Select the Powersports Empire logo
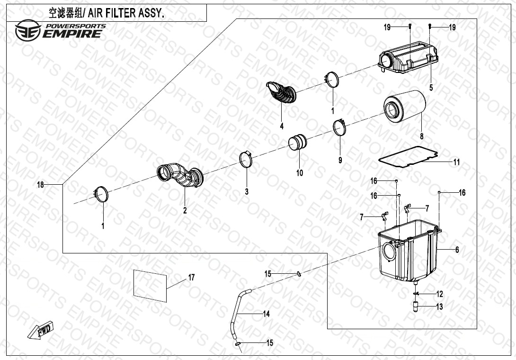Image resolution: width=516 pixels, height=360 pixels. tap(59, 30)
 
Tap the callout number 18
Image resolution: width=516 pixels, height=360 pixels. tap(41, 185)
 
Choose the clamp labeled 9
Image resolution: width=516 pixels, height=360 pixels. tap(340, 128)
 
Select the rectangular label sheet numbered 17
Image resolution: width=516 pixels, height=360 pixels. tap(150, 285)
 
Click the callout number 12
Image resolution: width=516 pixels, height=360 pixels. tap(440, 294)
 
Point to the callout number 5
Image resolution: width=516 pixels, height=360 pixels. tap(431, 88)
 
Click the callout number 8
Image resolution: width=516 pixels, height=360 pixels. tap(421, 136)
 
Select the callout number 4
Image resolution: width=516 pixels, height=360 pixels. tap(282, 126)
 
